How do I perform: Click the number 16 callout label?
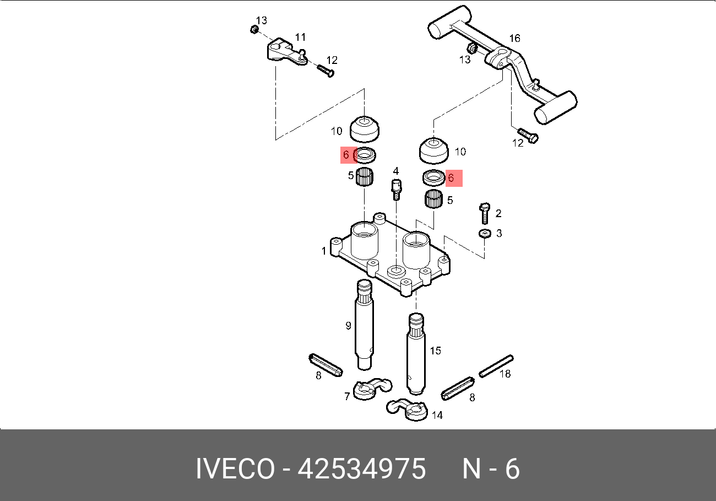tap(514, 39)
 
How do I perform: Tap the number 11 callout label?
tap(300, 37)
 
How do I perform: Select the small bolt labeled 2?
tap(485, 213)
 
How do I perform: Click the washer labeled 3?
tap(484, 234)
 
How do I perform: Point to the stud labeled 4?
tap(397, 188)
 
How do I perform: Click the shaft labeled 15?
tap(416, 353)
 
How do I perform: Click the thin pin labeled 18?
tap(496, 365)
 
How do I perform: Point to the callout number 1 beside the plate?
tap(324, 251)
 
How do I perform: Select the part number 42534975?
tap(362, 470)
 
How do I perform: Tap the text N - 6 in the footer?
tap(490, 470)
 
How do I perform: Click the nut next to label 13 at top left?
tap(254, 29)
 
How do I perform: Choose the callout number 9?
tap(348, 326)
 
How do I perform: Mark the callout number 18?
tap(505, 374)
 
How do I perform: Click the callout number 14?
tap(437, 416)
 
